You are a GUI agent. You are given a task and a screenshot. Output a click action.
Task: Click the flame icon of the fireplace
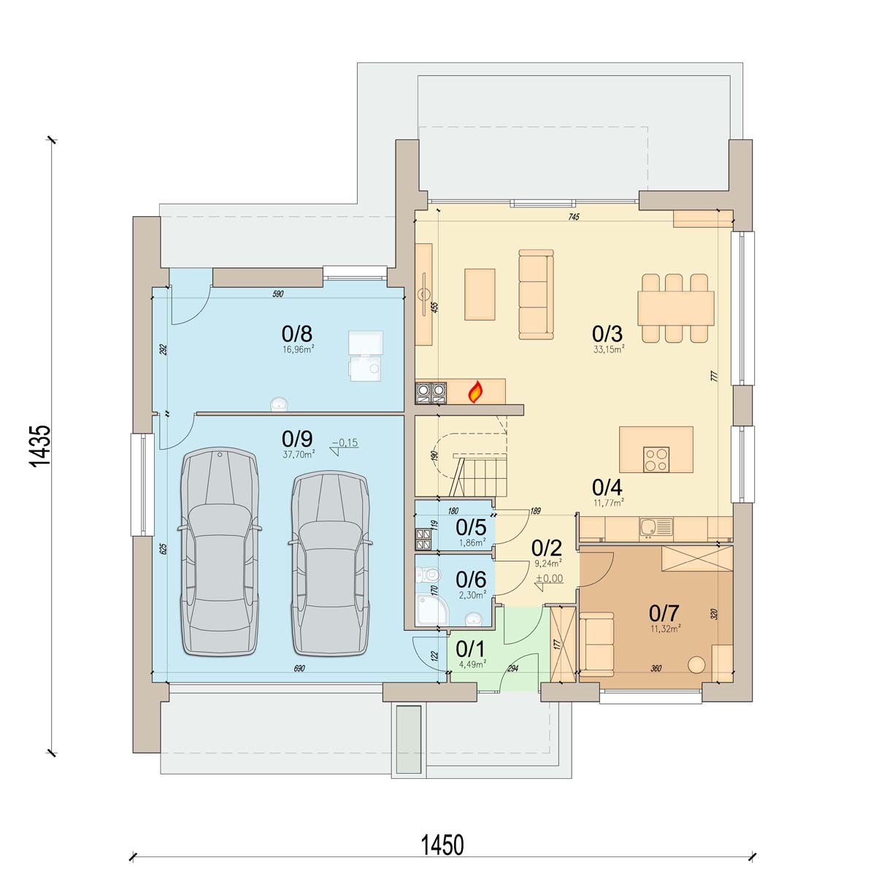point(475,391)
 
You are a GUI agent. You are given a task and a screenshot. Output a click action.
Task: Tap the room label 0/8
point(297,333)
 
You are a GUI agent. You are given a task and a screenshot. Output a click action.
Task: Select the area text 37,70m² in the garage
point(299,454)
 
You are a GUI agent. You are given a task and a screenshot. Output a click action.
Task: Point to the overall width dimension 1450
point(442,845)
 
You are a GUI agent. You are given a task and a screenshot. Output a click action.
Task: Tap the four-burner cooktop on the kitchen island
point(656,459)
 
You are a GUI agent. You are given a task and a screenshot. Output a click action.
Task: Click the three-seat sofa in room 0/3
point(536,294)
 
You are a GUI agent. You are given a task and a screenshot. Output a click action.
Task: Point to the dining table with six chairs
point(675,308)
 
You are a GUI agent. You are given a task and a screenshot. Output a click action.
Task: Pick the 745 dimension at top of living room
point(574,217)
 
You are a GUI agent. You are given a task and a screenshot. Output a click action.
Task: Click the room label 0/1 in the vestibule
point(471,648)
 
